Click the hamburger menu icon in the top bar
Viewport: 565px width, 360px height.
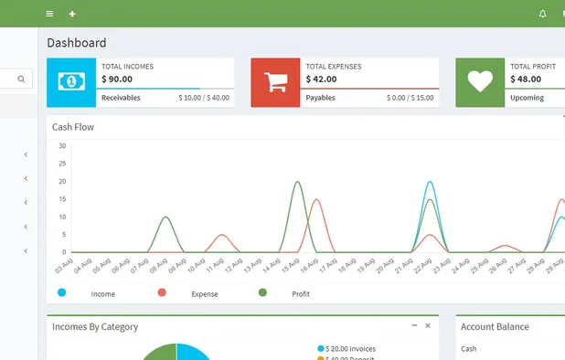[x=49, y=14]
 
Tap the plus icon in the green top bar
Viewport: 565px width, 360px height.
[x=72, y=14]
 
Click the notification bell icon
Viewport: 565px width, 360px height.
[x=542, y=14]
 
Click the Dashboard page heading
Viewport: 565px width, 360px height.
[x=77, y=43]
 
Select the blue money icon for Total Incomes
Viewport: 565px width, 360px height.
[x=70, y=82]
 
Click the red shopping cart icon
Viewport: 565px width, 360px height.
[x=275, y=82]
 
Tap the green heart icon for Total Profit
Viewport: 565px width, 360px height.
[x=480, y=82]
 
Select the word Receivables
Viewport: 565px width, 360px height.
[x=121, y=98]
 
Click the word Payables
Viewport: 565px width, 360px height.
[x=320, y=98]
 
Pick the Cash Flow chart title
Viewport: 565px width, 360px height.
[x=73, y=127]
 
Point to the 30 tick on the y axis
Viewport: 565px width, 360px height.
[x=62, y=146]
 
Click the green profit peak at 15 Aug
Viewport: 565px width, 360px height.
[x=297, y=182]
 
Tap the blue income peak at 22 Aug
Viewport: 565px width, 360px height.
[x=430, y=182]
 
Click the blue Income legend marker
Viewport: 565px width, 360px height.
[x=61, y=292]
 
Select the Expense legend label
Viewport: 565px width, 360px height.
[x=204, y=294]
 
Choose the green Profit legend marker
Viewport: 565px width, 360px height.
[x=262, y=292]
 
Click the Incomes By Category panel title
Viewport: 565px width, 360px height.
[x=95, y=326]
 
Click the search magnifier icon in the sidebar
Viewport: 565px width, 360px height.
[x=21, y=79]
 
